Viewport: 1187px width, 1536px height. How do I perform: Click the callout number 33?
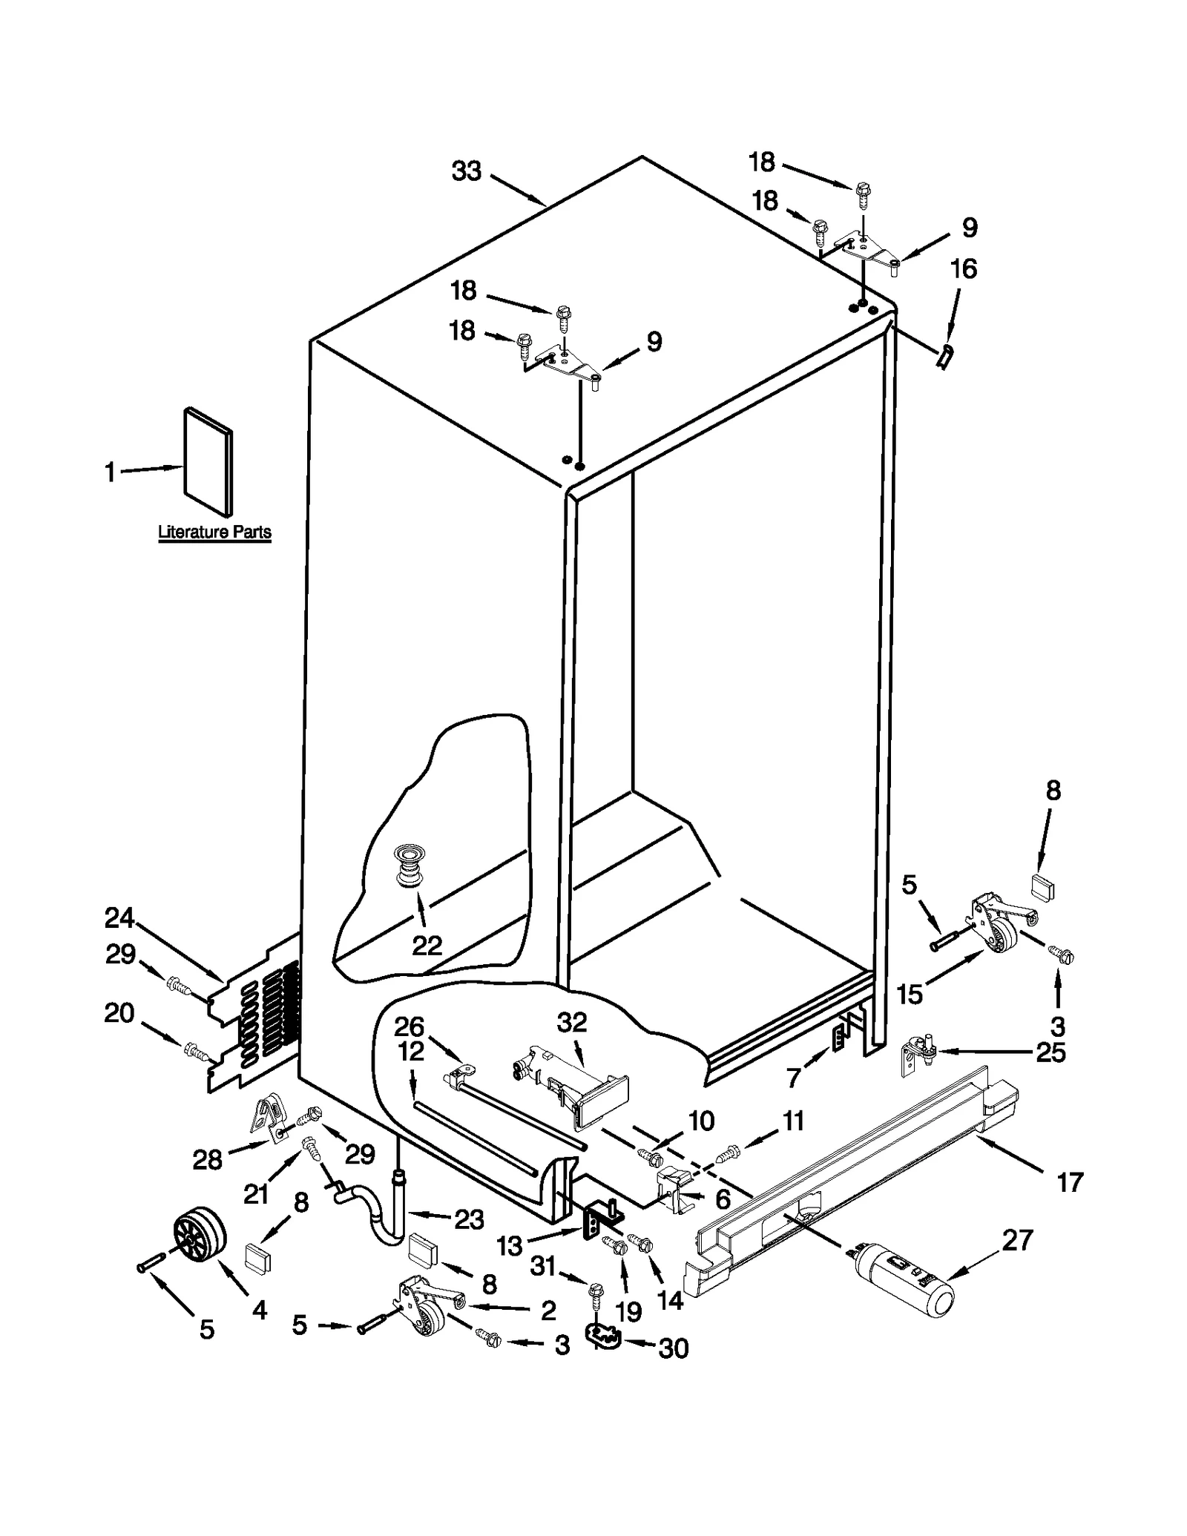coord(467,171)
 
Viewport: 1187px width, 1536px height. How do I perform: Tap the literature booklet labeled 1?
coord(208,461)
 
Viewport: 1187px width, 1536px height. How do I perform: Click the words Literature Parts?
coord(214,532)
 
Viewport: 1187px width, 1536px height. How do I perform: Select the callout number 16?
coord(963,268)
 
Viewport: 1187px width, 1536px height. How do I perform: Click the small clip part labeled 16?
coord(945,357)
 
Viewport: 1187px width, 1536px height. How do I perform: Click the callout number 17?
coord(1070,1182)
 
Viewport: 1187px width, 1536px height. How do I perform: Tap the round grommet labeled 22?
coord(408,865)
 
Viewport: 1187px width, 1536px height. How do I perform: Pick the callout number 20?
coord(119,1012)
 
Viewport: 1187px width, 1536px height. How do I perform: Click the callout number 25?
coord(1050,1052)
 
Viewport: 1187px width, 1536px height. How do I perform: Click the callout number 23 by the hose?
coord(469,1219)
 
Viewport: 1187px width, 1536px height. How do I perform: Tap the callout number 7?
coord(794,1077)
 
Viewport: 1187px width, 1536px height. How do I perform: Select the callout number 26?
coord(409,1026)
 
